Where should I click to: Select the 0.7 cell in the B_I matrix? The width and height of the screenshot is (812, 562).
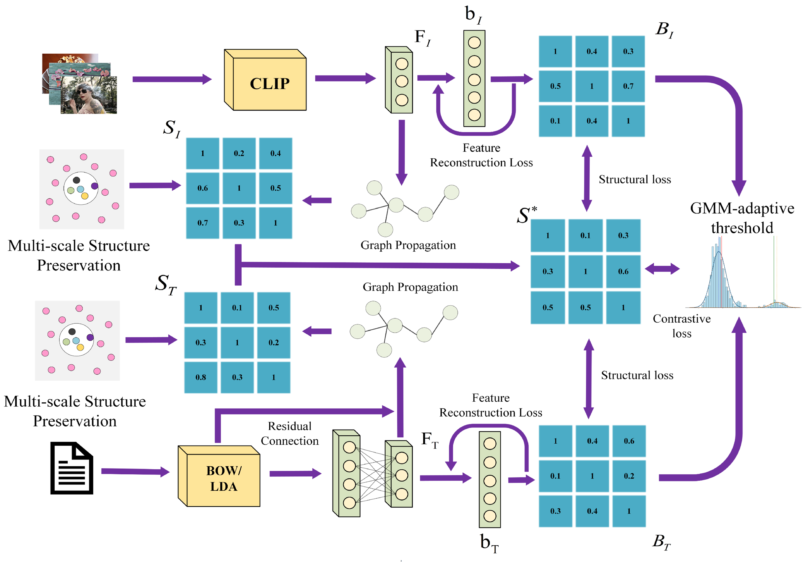pyautogui.click(x=628, y=86)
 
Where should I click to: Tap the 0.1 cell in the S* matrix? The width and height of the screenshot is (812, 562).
pyautogui.click(x=585, y=235)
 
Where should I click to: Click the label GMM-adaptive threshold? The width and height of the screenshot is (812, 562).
pyautogui.click(x=742, y=218)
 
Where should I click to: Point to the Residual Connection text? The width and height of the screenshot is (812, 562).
pyautogui.click(x=290, y=433)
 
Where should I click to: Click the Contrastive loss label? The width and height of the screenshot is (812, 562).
pyautogui.click(x=682, y=326)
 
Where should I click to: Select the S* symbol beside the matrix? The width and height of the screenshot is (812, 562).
pyautogui.click(x=526, y=215)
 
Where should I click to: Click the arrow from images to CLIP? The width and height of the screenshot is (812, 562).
pyautogui.click(x=172, y=79)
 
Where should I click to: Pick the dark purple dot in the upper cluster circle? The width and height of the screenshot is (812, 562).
pyautogui.click(x=94, y=186)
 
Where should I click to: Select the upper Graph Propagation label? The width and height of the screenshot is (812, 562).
pyautogui.click(x=408, y=245)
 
